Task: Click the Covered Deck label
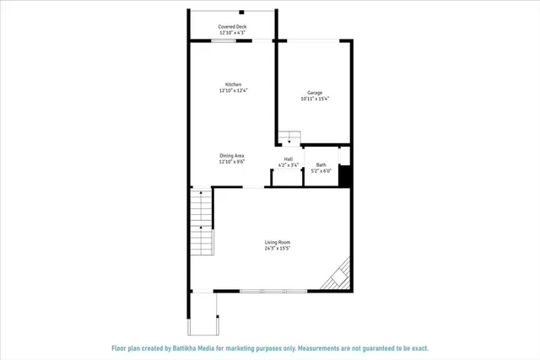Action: click(x=232, y=26)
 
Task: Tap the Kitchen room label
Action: click(x=233, y=84)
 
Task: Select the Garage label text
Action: click(x=314, y=93)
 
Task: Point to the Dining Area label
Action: click(x=232, y=155)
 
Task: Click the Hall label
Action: click(x=289, y=159)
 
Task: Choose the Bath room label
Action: click(x=321, y=164)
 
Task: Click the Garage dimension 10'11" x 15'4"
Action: click(x=314, y=99)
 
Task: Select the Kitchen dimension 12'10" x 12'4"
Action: click(x=233, y=90)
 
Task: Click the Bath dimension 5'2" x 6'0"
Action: click(x=321, y=170)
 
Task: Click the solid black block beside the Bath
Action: click(x=344, y=178)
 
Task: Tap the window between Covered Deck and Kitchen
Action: click(x=229, y=40)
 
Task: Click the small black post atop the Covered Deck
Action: click(x=242, y=12)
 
